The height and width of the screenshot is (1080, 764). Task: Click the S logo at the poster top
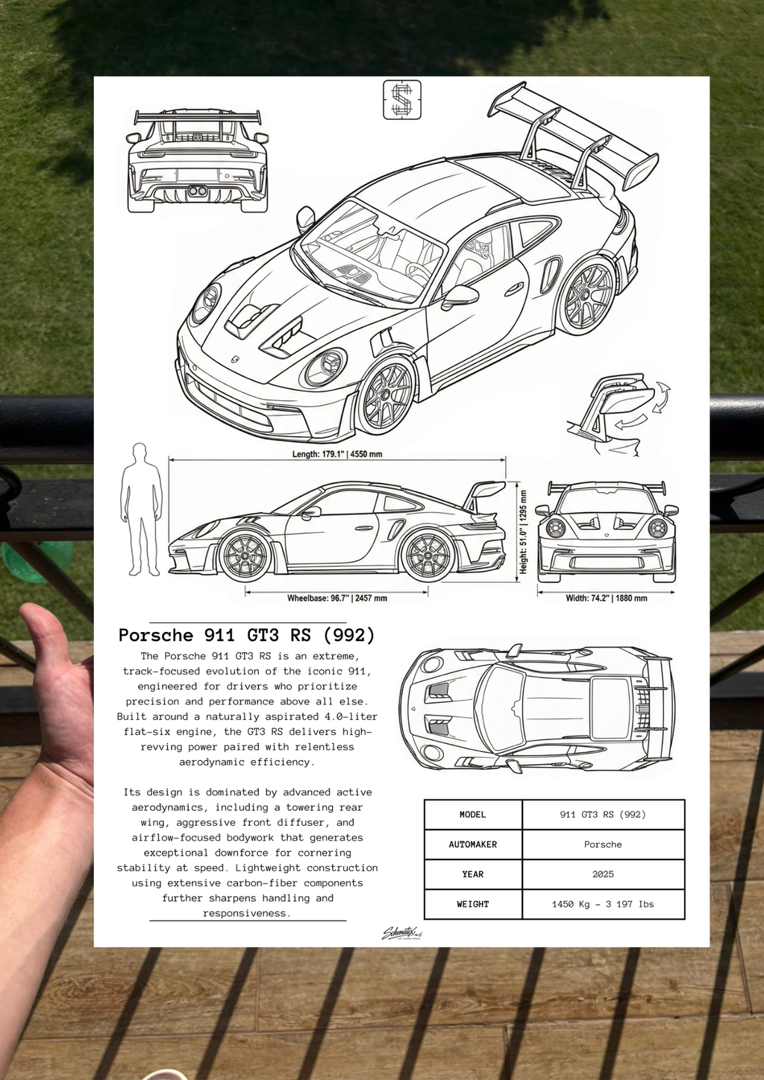pyautogui.click(x=402, y=100)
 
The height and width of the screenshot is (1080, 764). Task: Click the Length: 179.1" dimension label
pyautogui.click(x=337, y=454)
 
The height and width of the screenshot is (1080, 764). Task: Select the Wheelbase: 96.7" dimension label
pyautogui.click(x=337, y=598)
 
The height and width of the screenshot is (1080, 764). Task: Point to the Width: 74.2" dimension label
pyautogui.click(x=607, y=598)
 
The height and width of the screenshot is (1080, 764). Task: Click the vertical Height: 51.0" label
pyautogui.click(x=524, y=531)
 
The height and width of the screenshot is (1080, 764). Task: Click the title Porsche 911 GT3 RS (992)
pyautogui.click(x=247, y=635)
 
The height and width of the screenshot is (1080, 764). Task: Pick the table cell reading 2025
pyautogui.click(x=603, y=874)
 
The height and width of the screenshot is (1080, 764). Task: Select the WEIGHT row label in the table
pyautogui.click(x=473, y=904)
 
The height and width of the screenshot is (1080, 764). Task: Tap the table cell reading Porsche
pyautogui.click(x=603, y=844)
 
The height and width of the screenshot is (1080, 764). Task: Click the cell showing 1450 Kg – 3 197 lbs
pyautogui.click(x=603, y=904)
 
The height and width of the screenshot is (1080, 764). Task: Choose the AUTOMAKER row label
pyautogui.click(x=473, y=844)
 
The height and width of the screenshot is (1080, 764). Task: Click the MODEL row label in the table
pyautogui.click(x=473, y=815)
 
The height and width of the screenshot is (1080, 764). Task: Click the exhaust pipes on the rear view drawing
pyautogui.click(x=198, y=192)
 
